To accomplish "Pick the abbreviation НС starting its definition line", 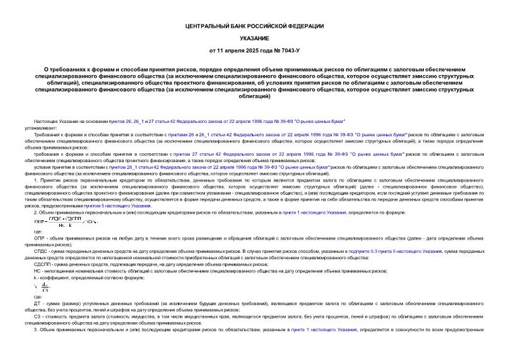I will tap(38, 270).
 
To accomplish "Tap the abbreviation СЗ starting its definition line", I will tap(38, 317).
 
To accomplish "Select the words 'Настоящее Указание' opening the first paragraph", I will tap(52, 119).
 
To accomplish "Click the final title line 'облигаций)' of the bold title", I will tap(255, 96).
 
